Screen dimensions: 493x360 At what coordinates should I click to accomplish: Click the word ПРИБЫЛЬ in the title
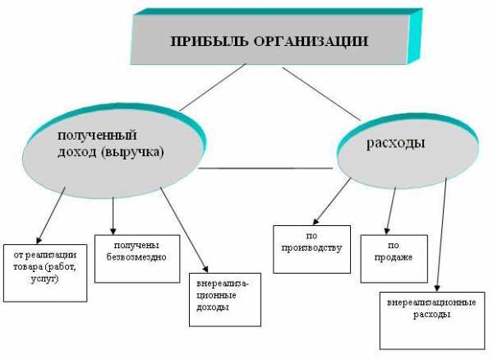pyautogui.click(x=209, y=41)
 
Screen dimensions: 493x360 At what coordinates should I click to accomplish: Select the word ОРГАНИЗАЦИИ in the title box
pyautogui.click(x=311, y=41)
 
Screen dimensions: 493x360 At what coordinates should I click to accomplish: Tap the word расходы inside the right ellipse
pyautogui.click(x=395, y=143)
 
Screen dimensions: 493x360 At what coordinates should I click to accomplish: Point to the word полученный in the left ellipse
pyautogui.click(x=97, y=136)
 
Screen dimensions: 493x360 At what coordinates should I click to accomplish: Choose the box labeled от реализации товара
pyautogui.click(x=45, y=273)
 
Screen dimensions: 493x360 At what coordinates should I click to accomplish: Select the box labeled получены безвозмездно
pyautogui.click(x=137, y=258)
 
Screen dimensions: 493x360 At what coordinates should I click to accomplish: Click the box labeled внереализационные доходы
pyautogui.click(x=225, y=299)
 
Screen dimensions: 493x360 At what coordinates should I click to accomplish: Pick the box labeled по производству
pyautogui.click(x=311, y=249)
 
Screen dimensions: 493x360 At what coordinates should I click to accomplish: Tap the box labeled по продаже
pyautogui.click(x=394, y=258)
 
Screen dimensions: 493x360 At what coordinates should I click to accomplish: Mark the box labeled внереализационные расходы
pyautogui.click(x=432, y=321)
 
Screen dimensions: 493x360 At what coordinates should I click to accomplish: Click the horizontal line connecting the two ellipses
pyautogui.click(x=265, y=168)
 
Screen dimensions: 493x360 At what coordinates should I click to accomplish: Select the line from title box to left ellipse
pyautogui.click(x=213, y=87)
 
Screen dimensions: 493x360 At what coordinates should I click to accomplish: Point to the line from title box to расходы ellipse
pyautogui.click(x=321, y=94)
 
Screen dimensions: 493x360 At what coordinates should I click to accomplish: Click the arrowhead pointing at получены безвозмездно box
pyautogui.click(x=113, y=231)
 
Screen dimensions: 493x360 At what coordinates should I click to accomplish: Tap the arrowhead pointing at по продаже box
pyautogui.click(x=387, y=231)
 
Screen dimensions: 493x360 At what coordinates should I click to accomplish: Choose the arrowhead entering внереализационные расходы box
pyautogui.click(x=437, y=288)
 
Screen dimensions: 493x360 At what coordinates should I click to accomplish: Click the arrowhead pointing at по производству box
pyautogui.click(x=316, y=222)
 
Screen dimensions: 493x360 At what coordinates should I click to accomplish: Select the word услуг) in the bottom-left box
pyautogui.click(x=44, y=279)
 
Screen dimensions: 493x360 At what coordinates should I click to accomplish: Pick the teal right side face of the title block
pyautogui.click(x=415, y=36)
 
